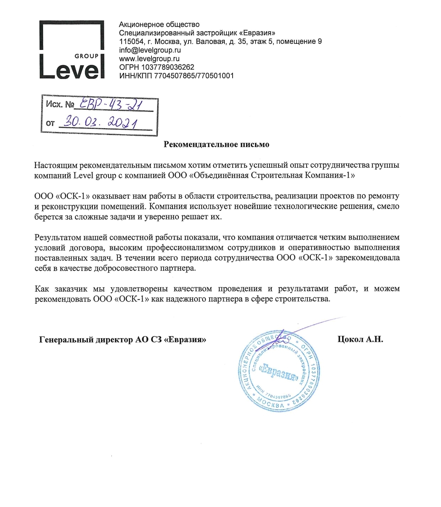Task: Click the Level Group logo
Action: coord(72,50)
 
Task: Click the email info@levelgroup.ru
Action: coord(150,50)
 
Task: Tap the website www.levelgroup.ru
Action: coord(149,59)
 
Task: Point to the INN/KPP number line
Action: coord(176,75)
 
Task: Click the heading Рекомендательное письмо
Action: coord(216,145)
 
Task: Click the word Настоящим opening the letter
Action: coord(56,165)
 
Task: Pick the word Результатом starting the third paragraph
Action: coord(56,237)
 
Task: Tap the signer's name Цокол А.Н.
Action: coord(360,339)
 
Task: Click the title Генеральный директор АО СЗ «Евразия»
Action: coord(123,340)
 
